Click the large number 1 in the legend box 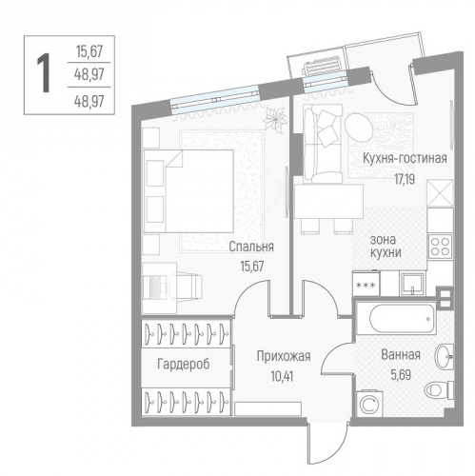pos(44,73)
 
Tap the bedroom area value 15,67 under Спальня pos(252,266)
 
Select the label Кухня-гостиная pos(405,158)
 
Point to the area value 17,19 pos(405,180)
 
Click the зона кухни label pos(386,247)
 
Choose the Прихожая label pos(284,356)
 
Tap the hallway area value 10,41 pos(282,376)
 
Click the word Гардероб pos(184,364)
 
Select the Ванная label pos(401,354)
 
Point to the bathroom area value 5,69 pos(401,375)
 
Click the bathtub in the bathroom pos(396,318)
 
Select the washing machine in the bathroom pos(370,404)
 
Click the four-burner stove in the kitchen pos(440,247)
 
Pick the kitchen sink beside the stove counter pos(412,284)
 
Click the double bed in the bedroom pos(189,191)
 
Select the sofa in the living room pos(323,144)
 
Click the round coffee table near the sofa pos(360,129)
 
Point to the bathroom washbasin pos(445,356)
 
